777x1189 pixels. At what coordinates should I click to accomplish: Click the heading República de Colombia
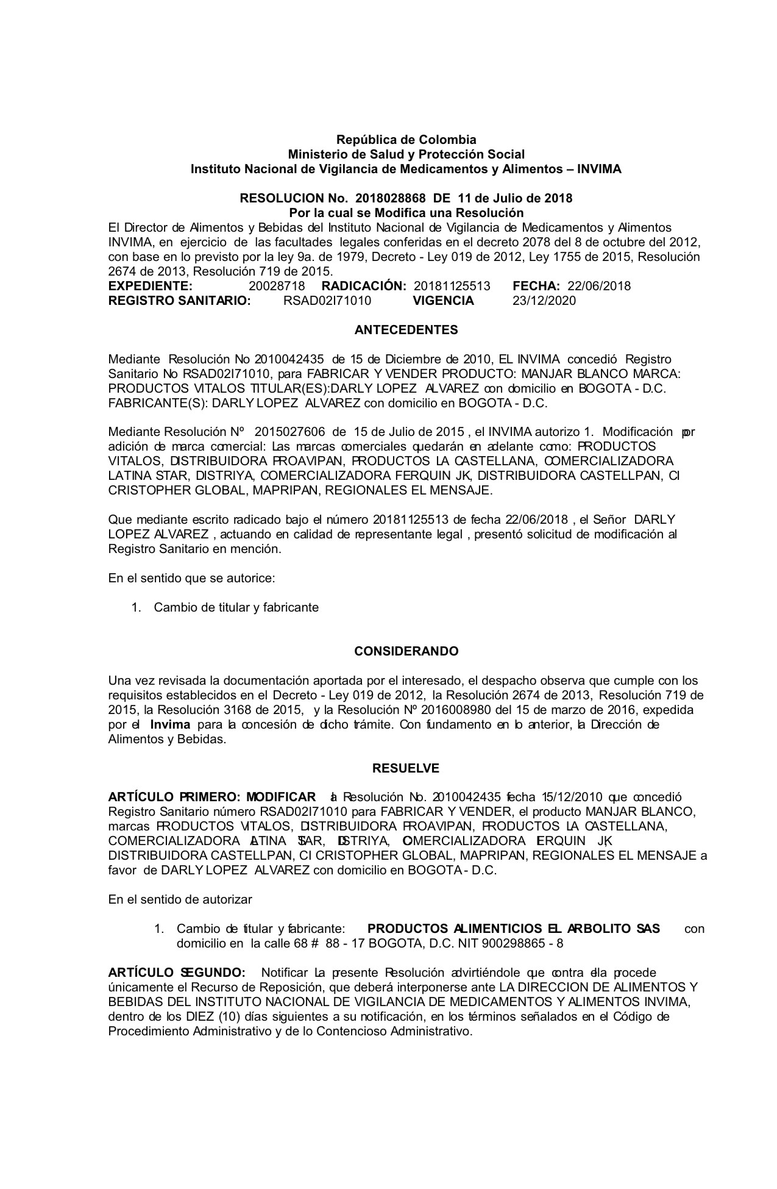(x=406, y=140)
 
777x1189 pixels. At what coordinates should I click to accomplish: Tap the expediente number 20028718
(x=277, y=286)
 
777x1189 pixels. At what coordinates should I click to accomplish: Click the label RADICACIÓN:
(x=364, y=286)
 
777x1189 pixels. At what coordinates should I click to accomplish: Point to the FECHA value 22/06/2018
(x=599, y=286)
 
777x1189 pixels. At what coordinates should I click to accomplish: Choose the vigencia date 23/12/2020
(x=544, y=301)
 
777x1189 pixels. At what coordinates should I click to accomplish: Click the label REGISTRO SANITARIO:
(x=180, y=301)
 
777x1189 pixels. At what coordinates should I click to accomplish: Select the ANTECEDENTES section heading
(x=406, y=330)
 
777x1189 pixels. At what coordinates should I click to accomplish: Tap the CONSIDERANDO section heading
(x=406, y=651)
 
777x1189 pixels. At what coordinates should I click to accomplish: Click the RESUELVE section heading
(x=406, y=768)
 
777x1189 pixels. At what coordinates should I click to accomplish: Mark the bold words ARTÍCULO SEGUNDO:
(x=177, y=973)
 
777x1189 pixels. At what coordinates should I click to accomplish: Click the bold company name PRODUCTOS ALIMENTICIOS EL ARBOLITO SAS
(x=514, y=929)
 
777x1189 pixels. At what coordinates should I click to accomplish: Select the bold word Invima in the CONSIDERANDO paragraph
(x=170, y=724)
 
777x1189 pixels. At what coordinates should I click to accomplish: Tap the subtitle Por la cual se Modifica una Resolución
(x=406, y=213)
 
